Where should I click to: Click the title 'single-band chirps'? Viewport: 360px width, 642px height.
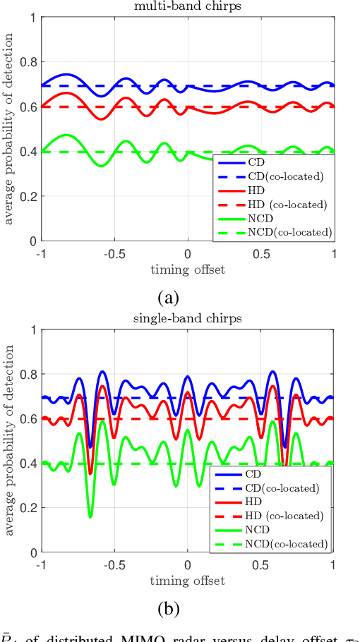[187, 318]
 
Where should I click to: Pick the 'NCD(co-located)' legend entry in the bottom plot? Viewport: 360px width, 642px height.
[289, 543]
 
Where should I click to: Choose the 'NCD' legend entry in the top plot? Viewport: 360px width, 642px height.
[257, 218]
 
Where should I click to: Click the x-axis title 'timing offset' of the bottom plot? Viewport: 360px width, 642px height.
[187, 580]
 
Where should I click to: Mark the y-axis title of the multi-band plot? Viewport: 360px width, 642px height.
[10, 129]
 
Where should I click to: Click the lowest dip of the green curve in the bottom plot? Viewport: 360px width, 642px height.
[90, 516]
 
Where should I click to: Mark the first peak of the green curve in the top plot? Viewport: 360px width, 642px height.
[67, 135]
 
